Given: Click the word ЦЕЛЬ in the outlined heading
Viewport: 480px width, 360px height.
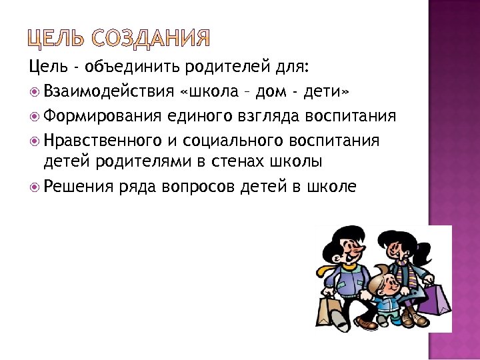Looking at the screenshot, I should [56, 39].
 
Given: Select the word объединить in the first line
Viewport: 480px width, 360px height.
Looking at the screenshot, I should [139, 67].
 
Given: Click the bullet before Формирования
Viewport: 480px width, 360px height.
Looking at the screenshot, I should [35, 117].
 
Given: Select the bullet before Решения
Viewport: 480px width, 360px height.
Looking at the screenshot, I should [35, 187].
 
